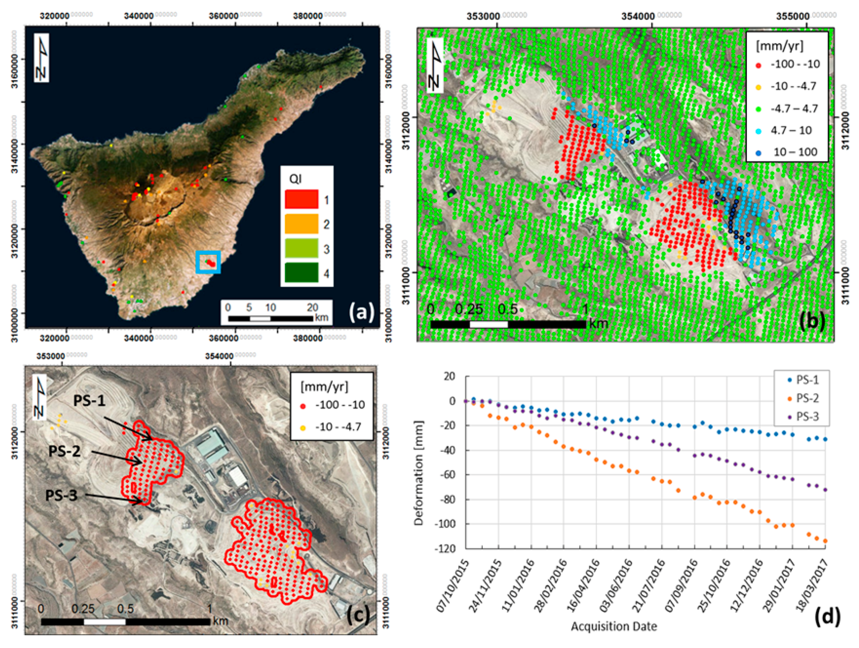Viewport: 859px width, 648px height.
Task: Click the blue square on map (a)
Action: (208, 262)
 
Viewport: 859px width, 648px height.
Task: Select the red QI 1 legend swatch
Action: (302, 200)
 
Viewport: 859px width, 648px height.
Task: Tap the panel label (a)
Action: (361, 312)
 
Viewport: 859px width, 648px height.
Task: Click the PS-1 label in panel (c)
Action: (89, 400)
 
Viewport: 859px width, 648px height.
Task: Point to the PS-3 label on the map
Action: (61, 495)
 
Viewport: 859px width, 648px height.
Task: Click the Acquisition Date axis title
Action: (614, 626)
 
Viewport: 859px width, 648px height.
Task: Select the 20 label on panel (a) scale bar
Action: (313, 307)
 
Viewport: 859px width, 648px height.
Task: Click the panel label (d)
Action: (827, 617)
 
